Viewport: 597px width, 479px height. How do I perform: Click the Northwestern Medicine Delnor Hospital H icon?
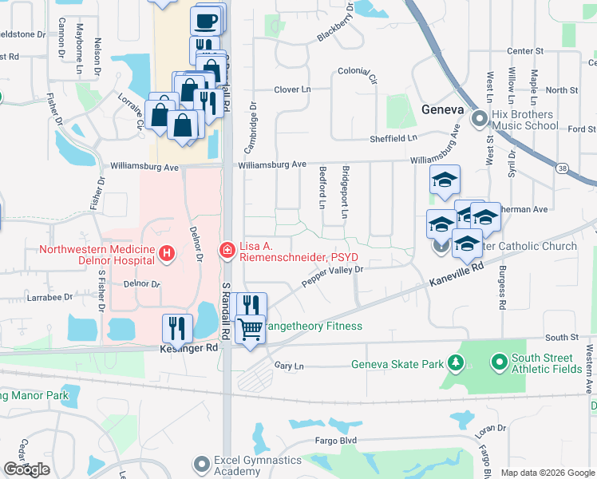tap(167, 254)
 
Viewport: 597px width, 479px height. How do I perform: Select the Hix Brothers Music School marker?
tap(479, 120)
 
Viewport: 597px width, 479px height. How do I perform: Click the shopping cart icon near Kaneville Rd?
tap(251, 327)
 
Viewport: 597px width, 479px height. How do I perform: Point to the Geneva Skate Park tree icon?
tap(456, 364)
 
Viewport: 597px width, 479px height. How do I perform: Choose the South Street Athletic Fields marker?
tap(500, 363)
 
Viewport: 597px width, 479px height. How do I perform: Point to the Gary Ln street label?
tap(289, 366)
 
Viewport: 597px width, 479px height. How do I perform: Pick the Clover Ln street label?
tap(292, 89)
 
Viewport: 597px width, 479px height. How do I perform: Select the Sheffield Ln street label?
tap(393, 137)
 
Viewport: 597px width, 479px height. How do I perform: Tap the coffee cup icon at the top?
tap(206, 19)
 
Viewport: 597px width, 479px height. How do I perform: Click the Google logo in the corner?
tap(26, 469)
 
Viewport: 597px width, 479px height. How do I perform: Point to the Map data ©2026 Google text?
tap(548, 473)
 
